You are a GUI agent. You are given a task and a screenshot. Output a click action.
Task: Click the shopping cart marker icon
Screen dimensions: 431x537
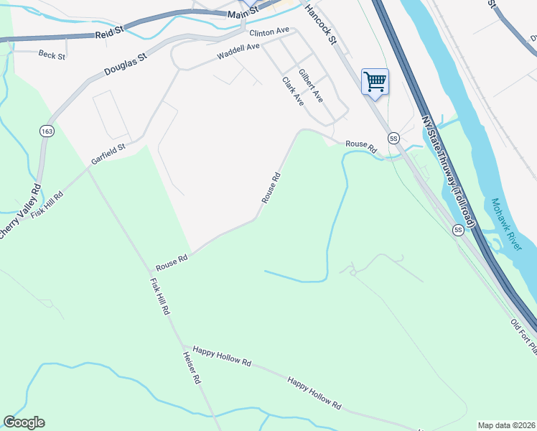pyautogui.click(x=375, y=81)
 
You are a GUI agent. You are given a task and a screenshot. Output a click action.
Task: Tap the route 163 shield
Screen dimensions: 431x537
pyautogui.click(x=47, y=131)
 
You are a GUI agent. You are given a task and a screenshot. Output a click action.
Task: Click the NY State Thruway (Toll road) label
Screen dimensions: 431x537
pyautogui.click(x=448, y=171)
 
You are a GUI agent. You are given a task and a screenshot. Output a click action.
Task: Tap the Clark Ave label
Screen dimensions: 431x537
pyautogui.click(x=293, y=92)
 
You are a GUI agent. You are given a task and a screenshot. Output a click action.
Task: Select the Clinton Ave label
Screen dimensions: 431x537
pyautogui.click(x=268, y=32)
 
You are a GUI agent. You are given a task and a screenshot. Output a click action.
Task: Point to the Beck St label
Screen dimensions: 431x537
pyautogui.click(x=52, y=55)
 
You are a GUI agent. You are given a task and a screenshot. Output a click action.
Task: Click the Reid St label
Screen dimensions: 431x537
pyautogui.click(x=109, y=31)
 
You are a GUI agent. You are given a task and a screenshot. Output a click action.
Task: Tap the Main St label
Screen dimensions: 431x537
pyautogui.click(x=242, y=13)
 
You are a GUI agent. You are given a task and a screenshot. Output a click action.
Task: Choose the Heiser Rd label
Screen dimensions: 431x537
pyautogui.click(x=190, y=368)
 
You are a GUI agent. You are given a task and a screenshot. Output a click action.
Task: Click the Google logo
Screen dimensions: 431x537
pyautogui.click(x=24, y=422)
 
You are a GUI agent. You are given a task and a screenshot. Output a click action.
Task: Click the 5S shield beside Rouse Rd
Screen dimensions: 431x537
pyautogui.click(x=393, y=137)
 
